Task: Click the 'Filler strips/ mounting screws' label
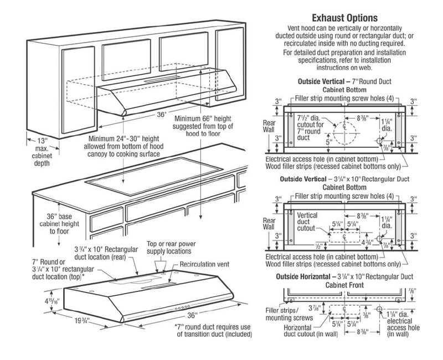[293, 314]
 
